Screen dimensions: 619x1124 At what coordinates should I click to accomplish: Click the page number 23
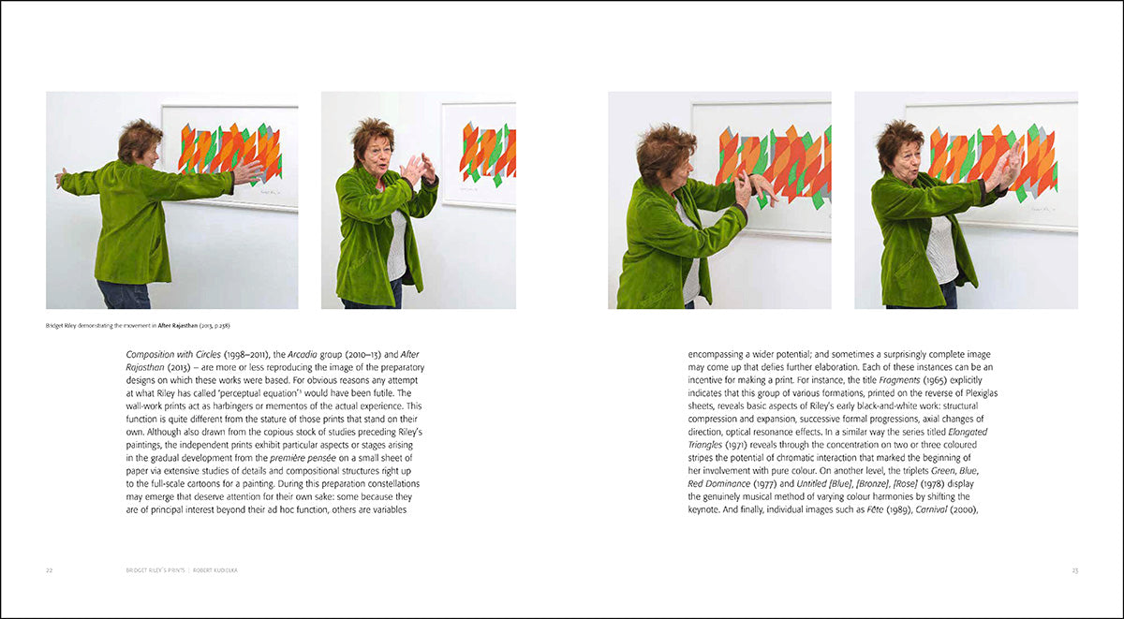[x=1075, y=570]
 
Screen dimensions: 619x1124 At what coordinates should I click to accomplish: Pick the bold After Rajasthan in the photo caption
[x=177, y=325]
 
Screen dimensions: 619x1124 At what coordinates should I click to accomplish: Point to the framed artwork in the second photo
[x=479, y=154]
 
